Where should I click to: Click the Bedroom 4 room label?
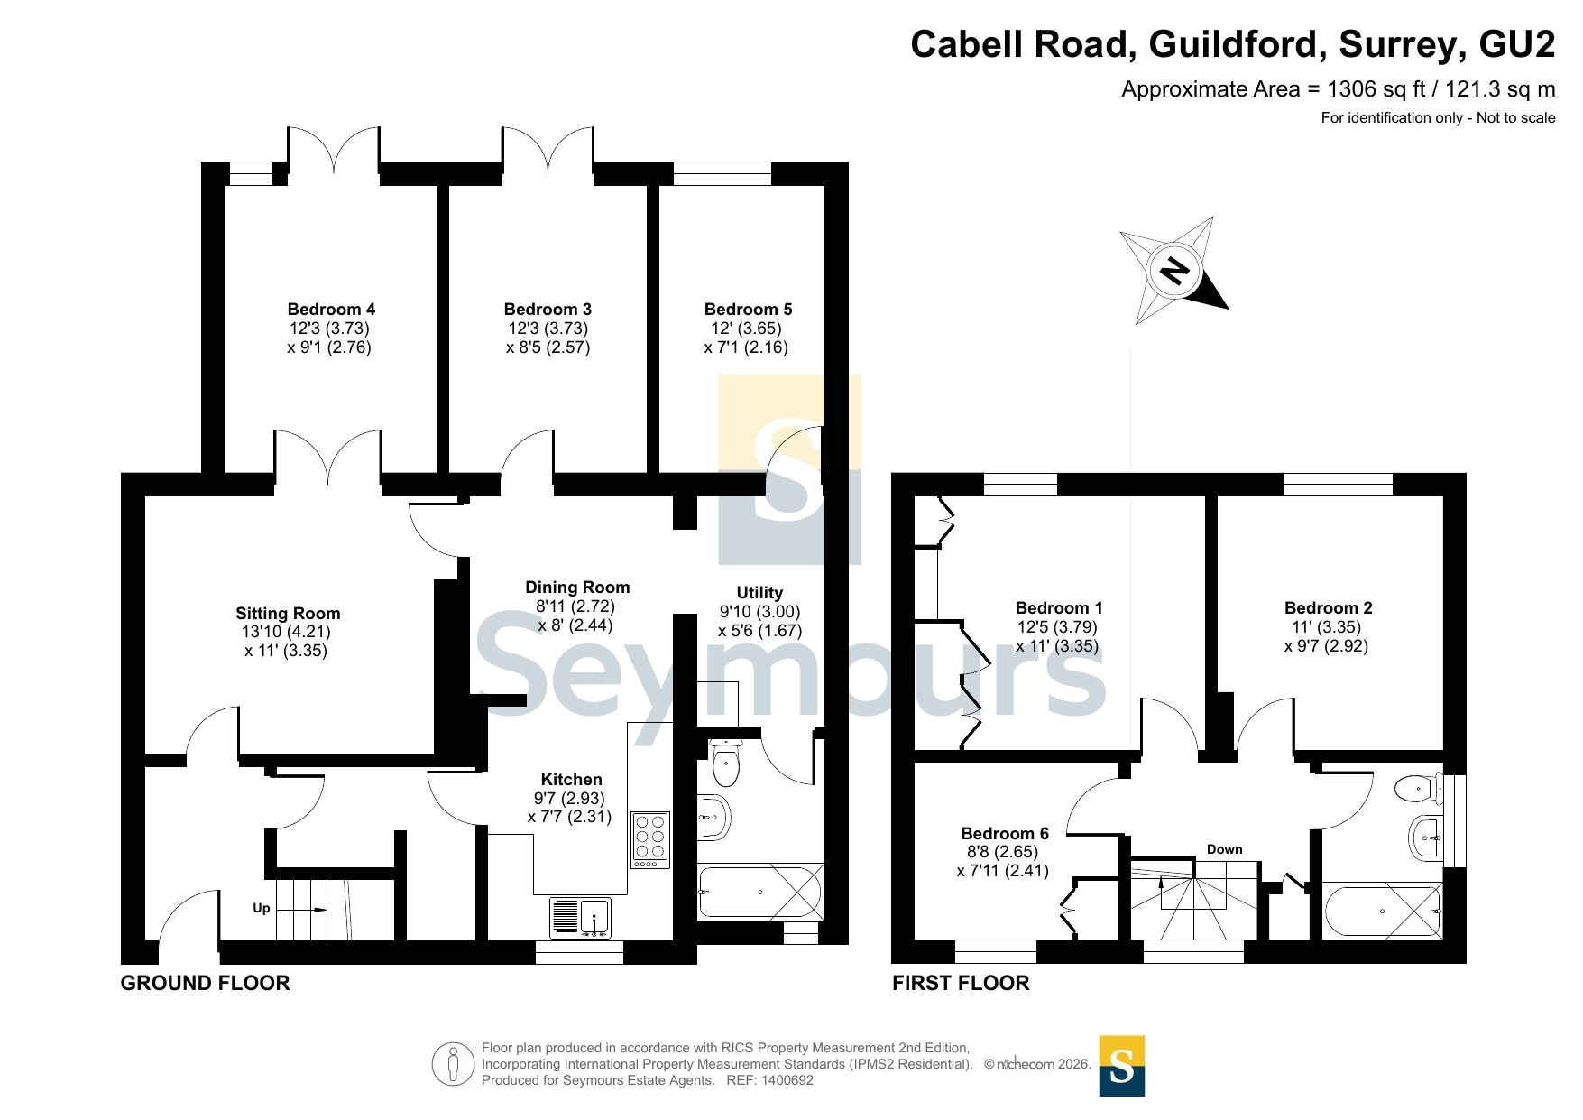[x=331, y=310]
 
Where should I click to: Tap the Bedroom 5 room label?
[x=748, y=310]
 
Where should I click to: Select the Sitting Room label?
[x=288, y=614]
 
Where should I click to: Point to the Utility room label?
[x=759, y=593]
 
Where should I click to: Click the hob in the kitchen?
[x=650, y=839]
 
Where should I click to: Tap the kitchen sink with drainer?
[x=580, y=917]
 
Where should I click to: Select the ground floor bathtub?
[x=760, y=892]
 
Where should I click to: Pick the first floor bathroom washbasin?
[x=1425, y=838]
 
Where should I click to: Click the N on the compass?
[x=1173, y=269]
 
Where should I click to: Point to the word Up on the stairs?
[x=262, y=908]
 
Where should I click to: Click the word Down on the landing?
[x=1225, y=849]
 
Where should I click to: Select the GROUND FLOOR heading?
[x=206, y=983]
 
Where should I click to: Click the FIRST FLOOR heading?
[x=961, y=983]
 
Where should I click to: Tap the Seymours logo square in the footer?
[x=1122, y=1066]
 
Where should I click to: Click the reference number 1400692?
[x=787, y=1080]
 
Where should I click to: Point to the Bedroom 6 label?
[x=1005, y=834]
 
